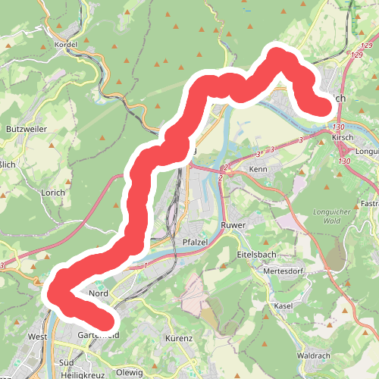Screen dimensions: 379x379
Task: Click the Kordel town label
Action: click(67, 45)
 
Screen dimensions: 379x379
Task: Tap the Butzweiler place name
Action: click(26, 130)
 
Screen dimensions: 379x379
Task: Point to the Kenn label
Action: click(258, 168)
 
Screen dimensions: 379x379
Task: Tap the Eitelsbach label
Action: click(255, 255)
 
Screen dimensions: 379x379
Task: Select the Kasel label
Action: click(283, 305)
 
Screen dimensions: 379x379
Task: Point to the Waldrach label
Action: click(314, 355)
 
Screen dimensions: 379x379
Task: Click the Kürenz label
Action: click(179, 338)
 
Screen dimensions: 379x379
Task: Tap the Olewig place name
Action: click(129, 372)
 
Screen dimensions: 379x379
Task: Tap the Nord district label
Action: click(99, 293)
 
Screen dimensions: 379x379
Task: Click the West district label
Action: click(37, 336)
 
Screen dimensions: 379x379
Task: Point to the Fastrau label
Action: click(369, 204)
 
